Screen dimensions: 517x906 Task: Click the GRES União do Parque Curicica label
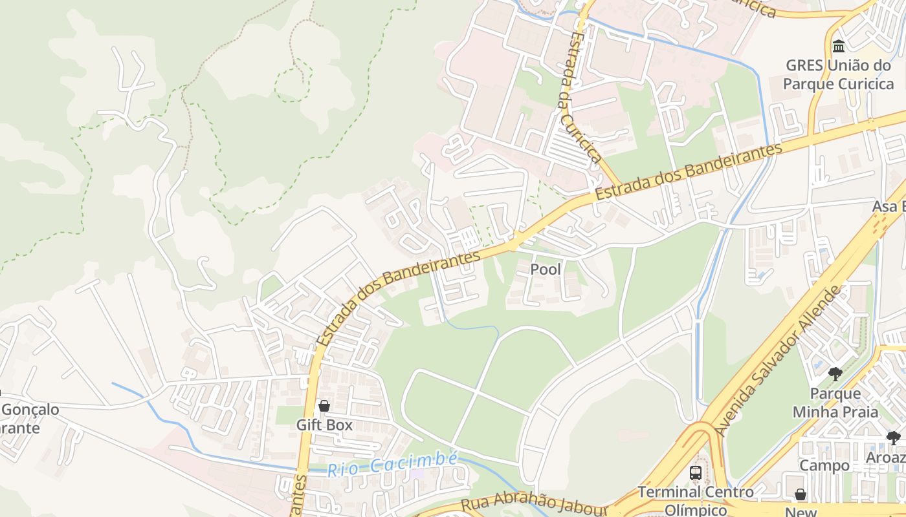(838, 74)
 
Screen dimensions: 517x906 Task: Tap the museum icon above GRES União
(839, 46)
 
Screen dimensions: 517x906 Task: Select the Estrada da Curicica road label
(580, 97)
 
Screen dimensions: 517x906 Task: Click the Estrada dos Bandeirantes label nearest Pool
(398, 298)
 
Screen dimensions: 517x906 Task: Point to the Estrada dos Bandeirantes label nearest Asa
(689, 171)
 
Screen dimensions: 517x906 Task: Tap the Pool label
(546, 269)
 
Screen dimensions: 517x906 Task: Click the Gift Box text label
(324, 425)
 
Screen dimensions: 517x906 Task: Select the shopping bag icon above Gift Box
(324, 406)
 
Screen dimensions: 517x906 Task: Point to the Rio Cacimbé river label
(392, 465)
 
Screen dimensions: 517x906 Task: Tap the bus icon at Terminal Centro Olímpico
(696, 472)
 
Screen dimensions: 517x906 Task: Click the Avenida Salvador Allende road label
(779, 360)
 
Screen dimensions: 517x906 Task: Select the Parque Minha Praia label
(835, 403)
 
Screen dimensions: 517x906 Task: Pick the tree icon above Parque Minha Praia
(835, 374)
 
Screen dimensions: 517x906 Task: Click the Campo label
(824, 465)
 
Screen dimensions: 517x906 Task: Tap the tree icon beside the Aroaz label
(894, 438)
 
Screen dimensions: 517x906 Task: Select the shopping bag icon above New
(801, 494)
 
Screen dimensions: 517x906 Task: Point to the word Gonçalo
(30, 410)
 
